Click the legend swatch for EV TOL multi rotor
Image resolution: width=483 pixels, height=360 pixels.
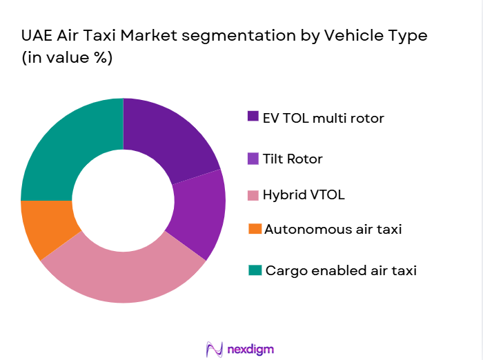click(253, 117)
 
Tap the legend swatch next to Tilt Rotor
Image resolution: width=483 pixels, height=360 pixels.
click(253, 159)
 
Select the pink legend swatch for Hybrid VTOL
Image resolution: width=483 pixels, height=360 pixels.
click(253, 194)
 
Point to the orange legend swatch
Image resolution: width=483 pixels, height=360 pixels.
click(253, 228)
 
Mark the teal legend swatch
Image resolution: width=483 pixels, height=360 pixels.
click(253, 270)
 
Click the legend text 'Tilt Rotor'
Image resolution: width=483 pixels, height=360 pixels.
click(293, 159)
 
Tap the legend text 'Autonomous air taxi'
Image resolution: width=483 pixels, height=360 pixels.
click(333, 228)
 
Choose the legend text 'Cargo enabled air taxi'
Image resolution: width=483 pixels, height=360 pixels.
click(341, 270)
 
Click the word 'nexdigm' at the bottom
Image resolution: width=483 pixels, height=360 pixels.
click(251, 349)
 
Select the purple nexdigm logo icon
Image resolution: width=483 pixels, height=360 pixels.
click(215, 349)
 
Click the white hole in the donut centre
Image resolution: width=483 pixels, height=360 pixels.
click(123, 201)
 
